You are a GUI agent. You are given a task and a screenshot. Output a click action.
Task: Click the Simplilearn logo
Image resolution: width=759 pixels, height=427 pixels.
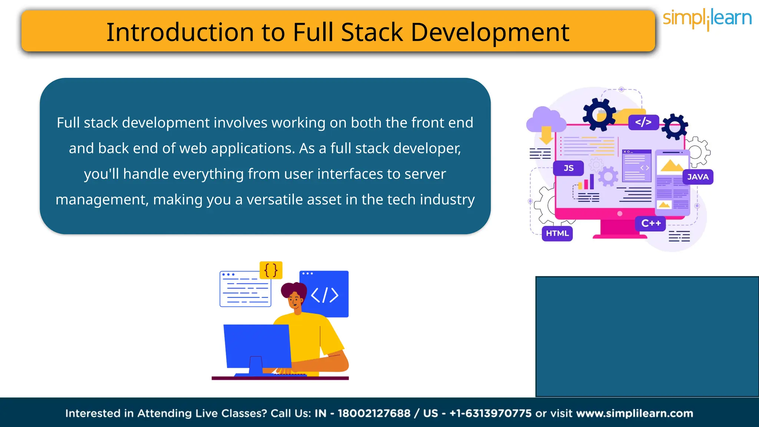(x=707, y=19)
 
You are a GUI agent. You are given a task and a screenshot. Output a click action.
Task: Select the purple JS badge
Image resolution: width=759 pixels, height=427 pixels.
(x=569, y=168)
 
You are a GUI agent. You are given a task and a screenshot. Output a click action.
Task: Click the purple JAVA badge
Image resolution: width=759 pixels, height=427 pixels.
(x=698, y=177)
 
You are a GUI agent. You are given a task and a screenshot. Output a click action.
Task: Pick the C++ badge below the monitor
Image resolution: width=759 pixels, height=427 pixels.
(x=651, y=224)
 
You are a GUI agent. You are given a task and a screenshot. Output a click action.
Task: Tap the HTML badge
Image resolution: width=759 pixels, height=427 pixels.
(x=557, y=234)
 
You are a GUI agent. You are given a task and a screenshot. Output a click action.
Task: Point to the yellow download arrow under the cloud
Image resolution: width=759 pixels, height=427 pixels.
(x=546, y=136)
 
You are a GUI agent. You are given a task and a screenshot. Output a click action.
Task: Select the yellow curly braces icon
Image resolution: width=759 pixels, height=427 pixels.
(x=271, y=270)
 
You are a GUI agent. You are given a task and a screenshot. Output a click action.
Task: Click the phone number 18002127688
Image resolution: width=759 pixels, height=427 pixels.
(x=374, y=413)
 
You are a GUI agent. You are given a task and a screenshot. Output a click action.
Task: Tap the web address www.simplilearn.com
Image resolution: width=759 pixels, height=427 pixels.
(x=634, y=413)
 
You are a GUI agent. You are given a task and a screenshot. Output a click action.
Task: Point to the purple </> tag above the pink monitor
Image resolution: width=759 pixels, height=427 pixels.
(x=643, y=122)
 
